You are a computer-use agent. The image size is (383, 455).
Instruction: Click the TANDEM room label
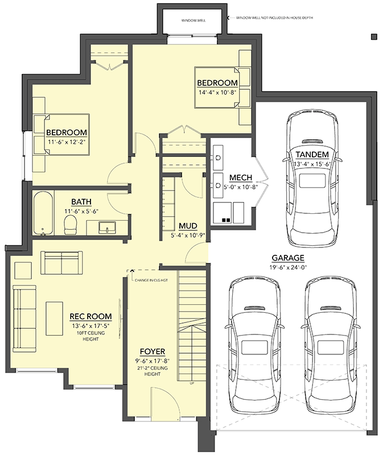click(x=312, y=155)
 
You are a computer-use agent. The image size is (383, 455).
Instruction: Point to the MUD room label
click(x=187, y=225)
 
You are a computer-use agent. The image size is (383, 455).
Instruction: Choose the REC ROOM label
click(x=90, y=317)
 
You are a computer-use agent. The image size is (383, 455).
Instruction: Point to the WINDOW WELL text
click(x=193, y=20)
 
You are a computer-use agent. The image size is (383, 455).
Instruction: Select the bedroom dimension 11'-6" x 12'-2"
click(x=67, y=142)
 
